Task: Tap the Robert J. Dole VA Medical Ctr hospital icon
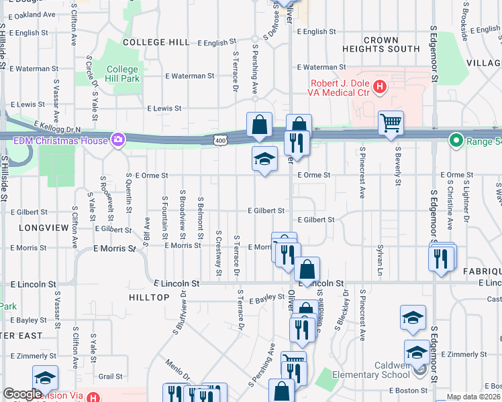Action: coord(380,86)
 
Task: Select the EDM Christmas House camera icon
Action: coord(118,140)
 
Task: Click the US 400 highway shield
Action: coord(220,140)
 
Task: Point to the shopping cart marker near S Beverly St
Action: coord(390,123)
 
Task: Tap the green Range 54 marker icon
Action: coord(456,141)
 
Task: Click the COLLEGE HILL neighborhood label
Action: coord(156,42)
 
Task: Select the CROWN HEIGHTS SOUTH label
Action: coord(381,44)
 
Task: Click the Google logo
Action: coord(22,394)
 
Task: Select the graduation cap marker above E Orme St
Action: coord(264,159)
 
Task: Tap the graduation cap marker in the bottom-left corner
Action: coord(45,378)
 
